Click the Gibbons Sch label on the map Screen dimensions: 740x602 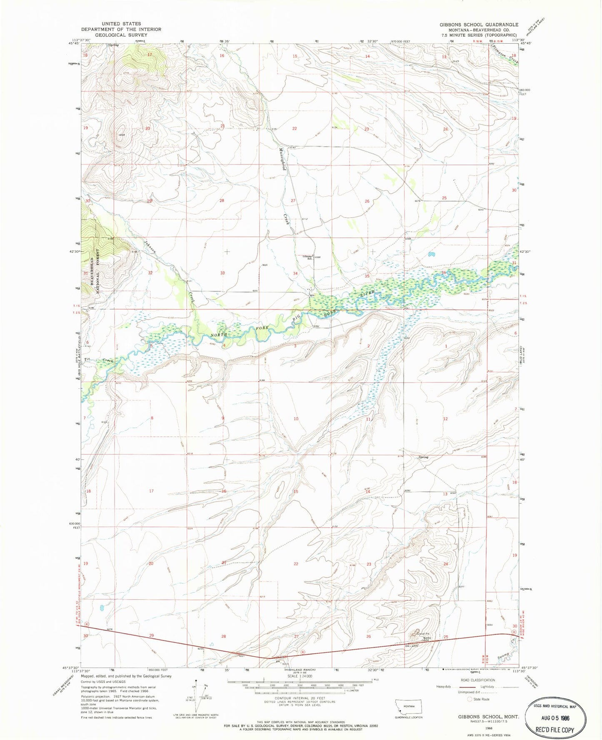[307, 257]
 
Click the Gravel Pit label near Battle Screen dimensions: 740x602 [424, 633]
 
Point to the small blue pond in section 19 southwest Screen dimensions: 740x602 [102, 608]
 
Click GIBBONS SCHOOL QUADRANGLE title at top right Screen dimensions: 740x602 [479, 25]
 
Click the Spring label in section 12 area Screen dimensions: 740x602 [423, 457]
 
